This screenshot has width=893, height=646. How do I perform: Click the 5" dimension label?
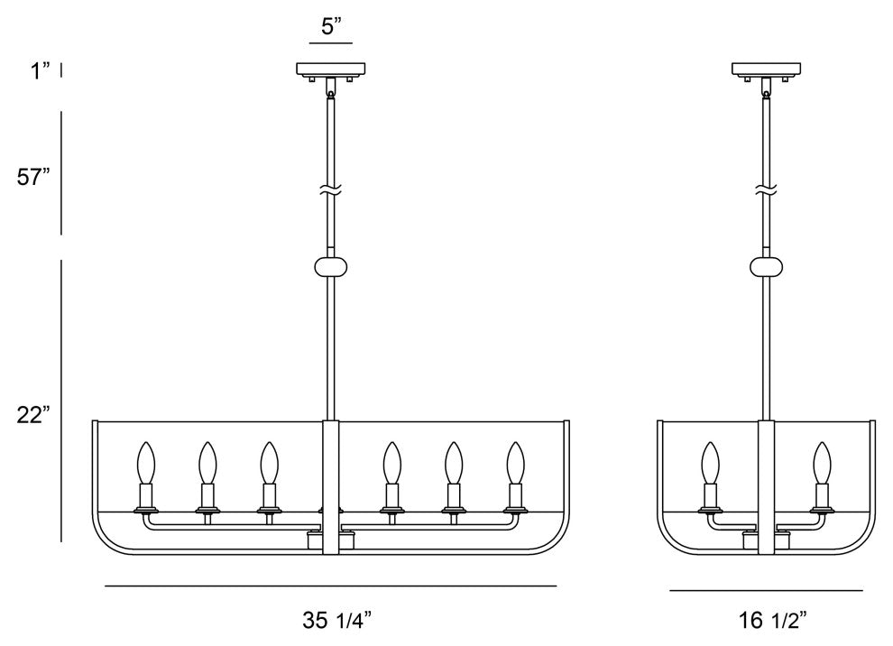(331, 26)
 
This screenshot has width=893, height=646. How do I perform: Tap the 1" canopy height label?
(41, 71)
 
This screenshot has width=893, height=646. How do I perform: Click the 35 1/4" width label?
(337, 621)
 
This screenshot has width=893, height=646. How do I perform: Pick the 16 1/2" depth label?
(773, 621)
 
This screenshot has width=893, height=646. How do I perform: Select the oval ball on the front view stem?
(331, 266)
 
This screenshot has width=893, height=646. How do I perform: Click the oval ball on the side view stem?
(766, 266)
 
